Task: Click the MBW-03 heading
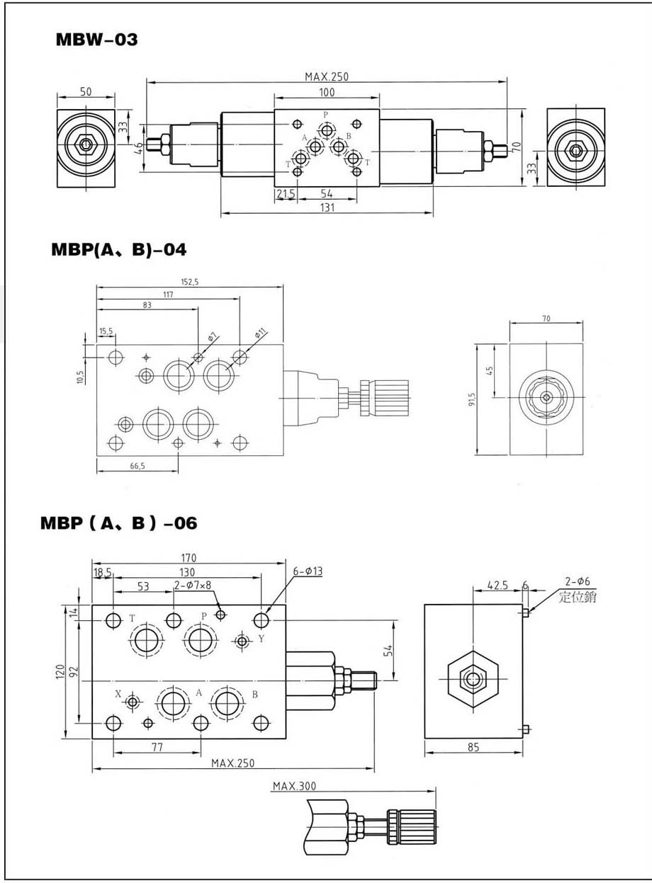click(96, 40)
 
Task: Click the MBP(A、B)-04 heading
click(118, 249)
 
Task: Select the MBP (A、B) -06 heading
click(118, 523)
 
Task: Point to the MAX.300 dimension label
click(293, 786)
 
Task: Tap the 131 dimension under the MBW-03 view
click(327, 207)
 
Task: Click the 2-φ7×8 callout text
click(193, 585)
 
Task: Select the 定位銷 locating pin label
click(578, 597)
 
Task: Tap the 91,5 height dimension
click(471, 400)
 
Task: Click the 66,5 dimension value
click(137, 466)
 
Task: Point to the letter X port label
click(118, 694)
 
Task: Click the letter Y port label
click(261, 639)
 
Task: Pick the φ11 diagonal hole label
click(260, 332)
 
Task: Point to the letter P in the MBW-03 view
click(326, 115)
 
